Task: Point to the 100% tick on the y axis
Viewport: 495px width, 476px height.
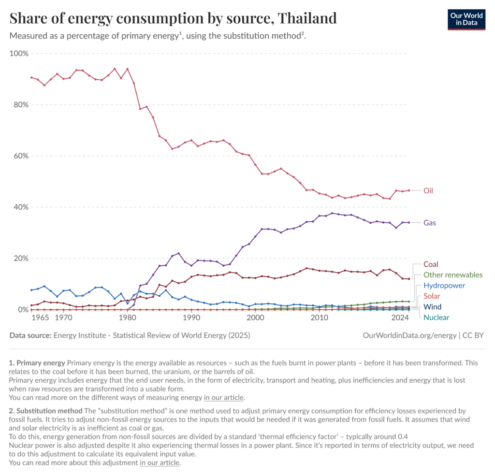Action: (19, 53)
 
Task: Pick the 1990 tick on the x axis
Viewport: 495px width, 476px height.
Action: (191, 317)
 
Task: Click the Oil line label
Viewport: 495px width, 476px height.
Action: (428, 191)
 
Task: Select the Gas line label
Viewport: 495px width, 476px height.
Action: (430, 223)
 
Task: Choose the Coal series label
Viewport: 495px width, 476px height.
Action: (431, 264)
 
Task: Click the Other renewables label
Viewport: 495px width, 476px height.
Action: (452, 275)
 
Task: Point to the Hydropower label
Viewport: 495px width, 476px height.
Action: (444, 286)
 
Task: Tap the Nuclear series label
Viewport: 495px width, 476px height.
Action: (436, 317)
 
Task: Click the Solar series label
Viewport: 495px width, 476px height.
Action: (432, 296)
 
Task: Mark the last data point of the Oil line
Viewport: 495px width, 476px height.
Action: (408, 190)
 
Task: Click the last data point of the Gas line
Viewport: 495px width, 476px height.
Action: (408, 222)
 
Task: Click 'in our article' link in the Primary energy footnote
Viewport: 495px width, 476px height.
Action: (224, 398)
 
